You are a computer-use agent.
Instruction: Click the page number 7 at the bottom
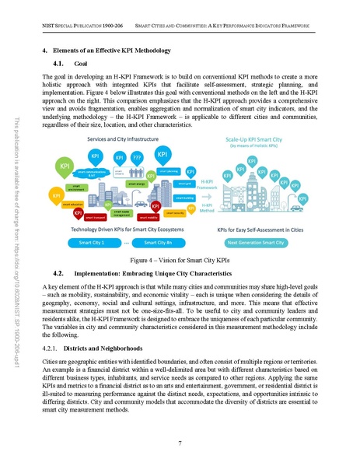(x=180, y=443)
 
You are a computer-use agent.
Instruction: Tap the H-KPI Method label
(x=208, y=207)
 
